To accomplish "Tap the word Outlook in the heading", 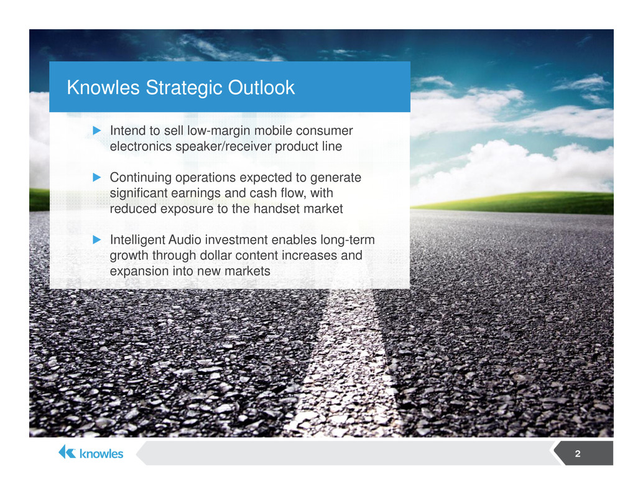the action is click(261, 87).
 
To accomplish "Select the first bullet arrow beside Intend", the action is click(97, 131).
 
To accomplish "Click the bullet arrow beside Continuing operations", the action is click(97, 177).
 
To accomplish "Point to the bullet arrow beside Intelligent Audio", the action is click(97, 240).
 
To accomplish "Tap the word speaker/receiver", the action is click(223, 147).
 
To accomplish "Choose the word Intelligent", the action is click(137, 240).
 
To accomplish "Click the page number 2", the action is click(577, 453).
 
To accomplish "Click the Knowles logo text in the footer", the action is click(101, 453).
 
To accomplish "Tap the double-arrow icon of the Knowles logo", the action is click(67, 452).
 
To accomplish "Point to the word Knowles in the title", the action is click(103, 88).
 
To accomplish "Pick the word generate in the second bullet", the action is click(335, 178).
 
